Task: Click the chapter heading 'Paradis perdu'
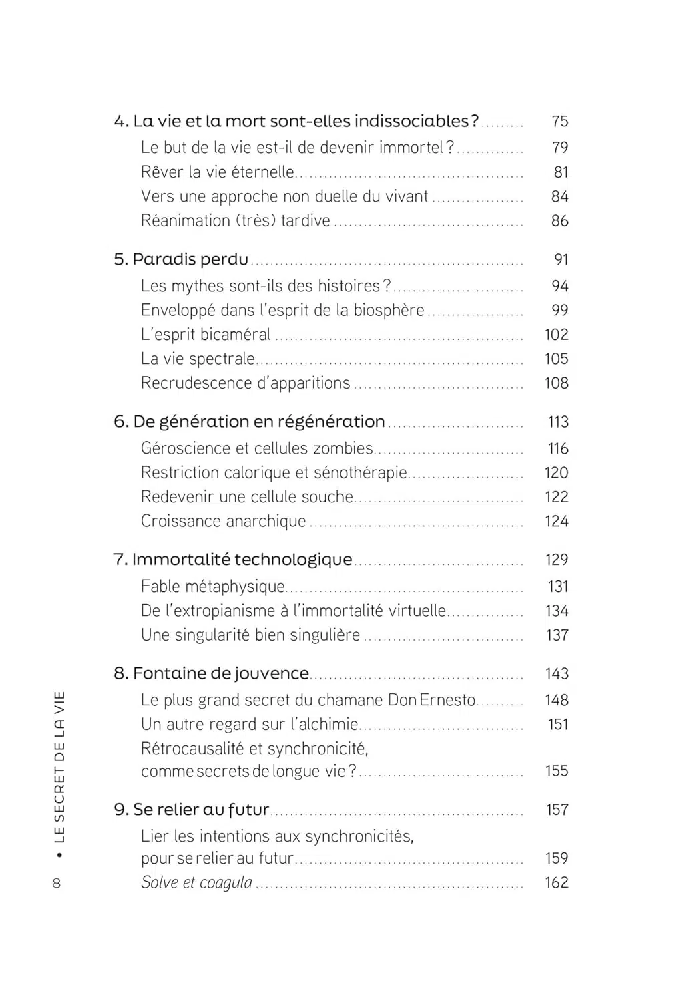tap(181, 259)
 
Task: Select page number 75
tap(559, 121)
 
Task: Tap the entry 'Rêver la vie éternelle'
tap(217, 172)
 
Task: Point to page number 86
tap(559, 221)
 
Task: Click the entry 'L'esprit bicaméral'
tap(206, 335)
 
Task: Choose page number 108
tap(556, 383)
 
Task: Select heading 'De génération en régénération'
tap(250, 422)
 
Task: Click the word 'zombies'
tap(348, 448)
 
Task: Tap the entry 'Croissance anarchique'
tap(223, 521)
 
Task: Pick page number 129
tap(557, 560)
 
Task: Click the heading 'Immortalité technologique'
tap(233, 560)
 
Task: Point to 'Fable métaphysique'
tap(212, 587)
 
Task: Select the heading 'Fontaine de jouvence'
tap(212, 673)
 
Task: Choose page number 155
tap(557, 771)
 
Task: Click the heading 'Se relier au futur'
tap(192, 810)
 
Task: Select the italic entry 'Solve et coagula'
tap(196, 882)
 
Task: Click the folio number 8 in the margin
tap(56, 883)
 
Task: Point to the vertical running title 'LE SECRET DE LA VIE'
tap(60, 767)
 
